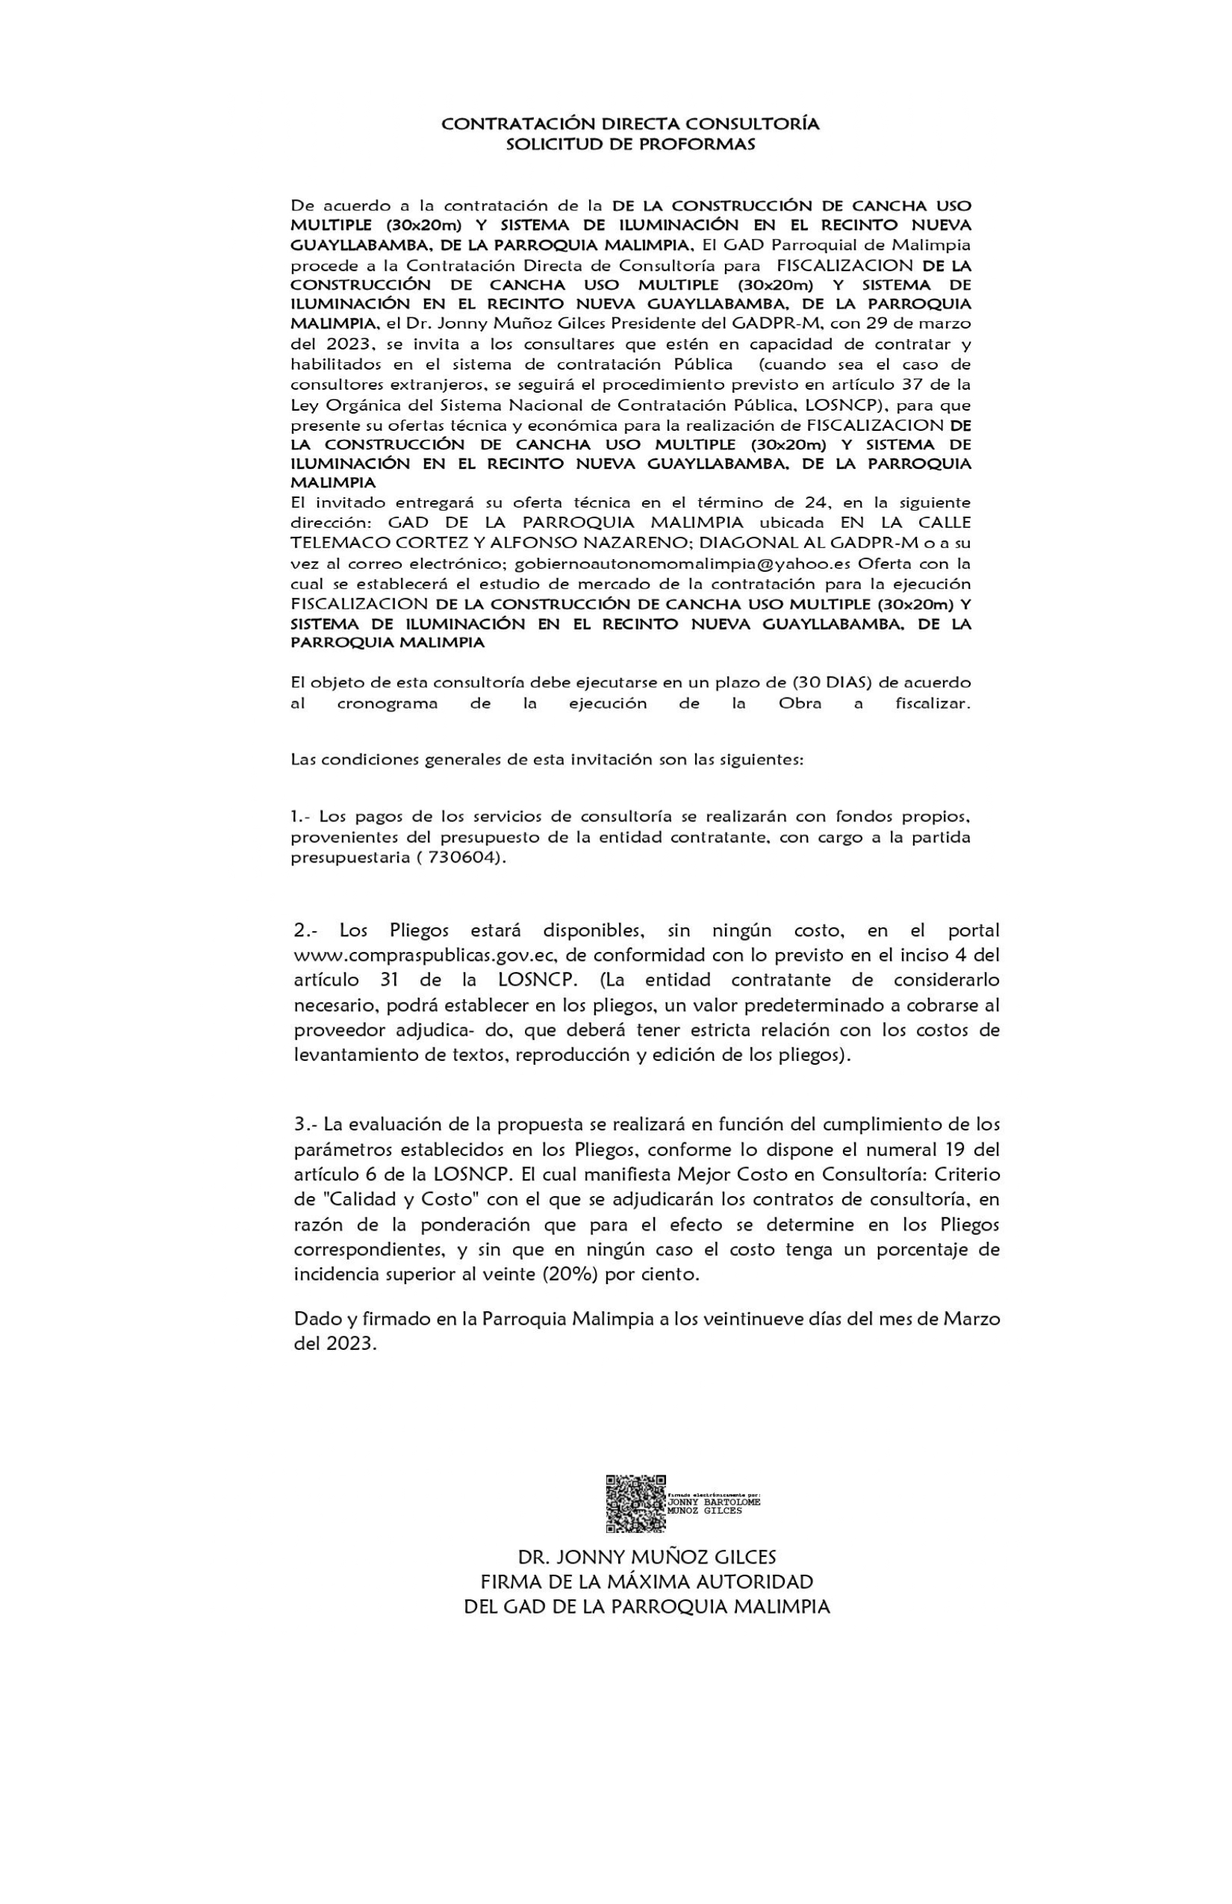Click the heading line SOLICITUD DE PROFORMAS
tap(630, 145)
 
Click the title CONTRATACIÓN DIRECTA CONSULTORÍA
tap(630, 124)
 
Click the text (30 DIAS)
tap(831, 683)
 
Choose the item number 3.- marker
tap(305, 1124)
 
